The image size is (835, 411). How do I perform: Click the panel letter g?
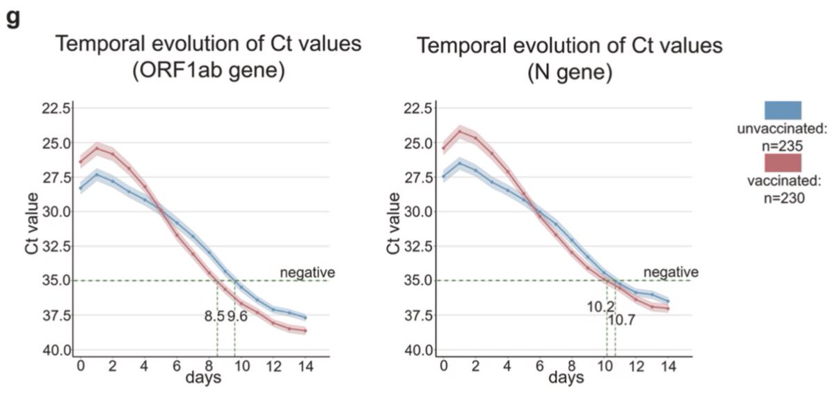click(x=13, y=18)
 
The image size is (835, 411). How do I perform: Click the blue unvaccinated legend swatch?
click(x=783, y=110)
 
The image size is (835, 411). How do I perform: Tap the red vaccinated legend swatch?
click(x=783, y=163)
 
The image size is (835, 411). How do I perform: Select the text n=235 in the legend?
click(x=783, y=146)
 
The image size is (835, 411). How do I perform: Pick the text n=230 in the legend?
click(x=783, y=199)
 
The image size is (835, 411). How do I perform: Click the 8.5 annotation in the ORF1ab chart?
click(x=214, y=316)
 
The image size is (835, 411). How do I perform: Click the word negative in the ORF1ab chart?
click(x=308, y=272)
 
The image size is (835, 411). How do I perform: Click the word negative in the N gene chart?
click(x=670, y=271)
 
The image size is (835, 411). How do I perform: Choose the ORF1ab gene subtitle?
click(x=209, y=72)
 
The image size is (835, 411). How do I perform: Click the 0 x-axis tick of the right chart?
click(x=443, y=366)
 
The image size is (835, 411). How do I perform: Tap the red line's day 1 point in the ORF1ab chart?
click(x=97, y=148)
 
